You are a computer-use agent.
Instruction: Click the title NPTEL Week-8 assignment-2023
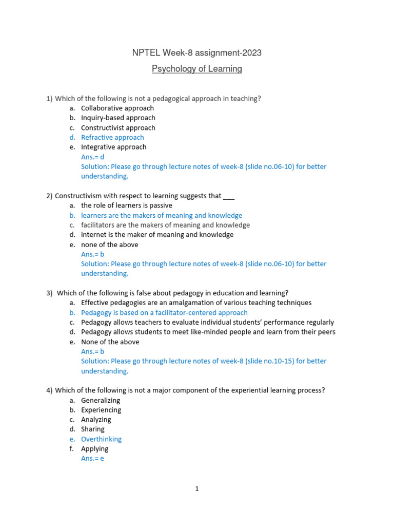(x=196, y=53)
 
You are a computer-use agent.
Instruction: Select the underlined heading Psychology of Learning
(x=196, y=69)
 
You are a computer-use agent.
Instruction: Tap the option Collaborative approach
(x=117, y=108)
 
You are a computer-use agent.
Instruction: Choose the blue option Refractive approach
(x=112, y=137)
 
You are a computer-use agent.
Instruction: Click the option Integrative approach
(x=113, y=147)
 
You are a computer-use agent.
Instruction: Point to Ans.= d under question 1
(x=92, y=157)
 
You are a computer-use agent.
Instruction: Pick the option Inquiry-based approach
(x=118, y=118)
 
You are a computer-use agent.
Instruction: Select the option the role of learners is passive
(x=126, y=205)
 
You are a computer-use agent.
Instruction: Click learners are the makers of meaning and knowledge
(x=161, y=215)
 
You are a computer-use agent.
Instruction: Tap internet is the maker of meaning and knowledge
(x=157, y=235)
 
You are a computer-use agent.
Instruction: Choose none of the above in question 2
(x=109, y=245)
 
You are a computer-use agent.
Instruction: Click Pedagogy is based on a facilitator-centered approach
(x=164, y=312)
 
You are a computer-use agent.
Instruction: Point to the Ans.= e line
(x=92, y=458)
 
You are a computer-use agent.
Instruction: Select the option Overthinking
(x=101, y=439)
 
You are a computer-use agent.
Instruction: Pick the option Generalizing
(x=101, y=400)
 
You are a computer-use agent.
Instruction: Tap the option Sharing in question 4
(x=92, y=429)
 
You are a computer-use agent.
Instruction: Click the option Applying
(x=94, y=449)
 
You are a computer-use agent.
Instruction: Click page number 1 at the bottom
(x=196, y=489)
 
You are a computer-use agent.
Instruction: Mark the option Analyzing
(x=96, y=420)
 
